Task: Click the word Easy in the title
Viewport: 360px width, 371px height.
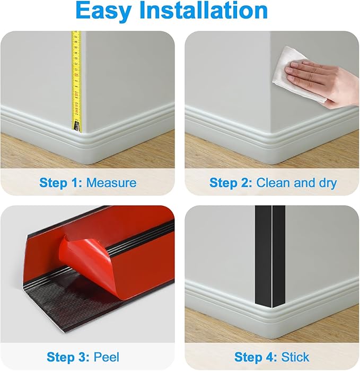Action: (x=104, y=11)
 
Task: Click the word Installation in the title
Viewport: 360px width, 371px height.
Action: (x=204, y=10)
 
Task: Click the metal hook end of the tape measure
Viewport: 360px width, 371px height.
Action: (x=77, y=126)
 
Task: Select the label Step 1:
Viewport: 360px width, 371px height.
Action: (x=61, y=183)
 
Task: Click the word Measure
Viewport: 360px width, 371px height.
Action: (x=111, y=183)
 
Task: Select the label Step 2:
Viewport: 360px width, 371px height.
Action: (x=231, y=183)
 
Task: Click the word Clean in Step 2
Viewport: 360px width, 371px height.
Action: (x=273, y=183)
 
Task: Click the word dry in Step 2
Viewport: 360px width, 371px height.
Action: (x=328, y=184)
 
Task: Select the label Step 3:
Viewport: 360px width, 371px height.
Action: (x=68, y=357)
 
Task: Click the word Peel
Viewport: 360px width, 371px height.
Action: (x=107, y=357)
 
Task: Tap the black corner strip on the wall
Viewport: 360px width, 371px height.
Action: (x=270, y=256)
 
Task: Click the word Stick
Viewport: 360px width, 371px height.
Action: (x=295, y=357)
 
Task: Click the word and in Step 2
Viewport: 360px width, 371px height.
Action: (x=304, y=183)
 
